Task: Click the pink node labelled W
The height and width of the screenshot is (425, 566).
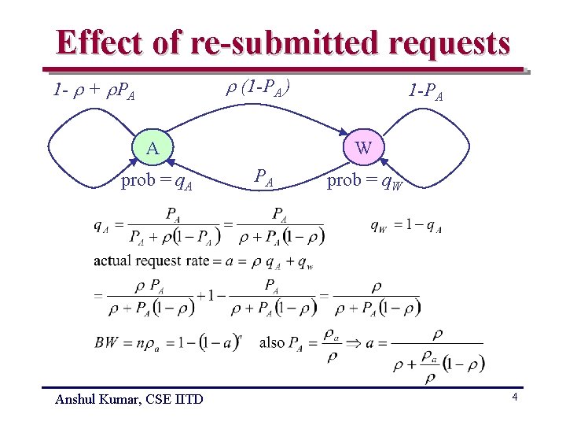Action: [x=363, y=147]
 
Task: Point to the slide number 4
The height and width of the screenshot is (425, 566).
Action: [x=514, y=397]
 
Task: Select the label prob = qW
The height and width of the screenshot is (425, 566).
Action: [x=365, y=182]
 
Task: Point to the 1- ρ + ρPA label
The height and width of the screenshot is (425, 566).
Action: [x=93, y=91]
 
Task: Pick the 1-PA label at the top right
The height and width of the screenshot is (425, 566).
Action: [x=425, y=91]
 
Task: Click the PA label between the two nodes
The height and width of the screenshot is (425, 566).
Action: [x=263, y=177]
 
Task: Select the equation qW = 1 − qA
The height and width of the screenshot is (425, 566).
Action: [x=406, y=227]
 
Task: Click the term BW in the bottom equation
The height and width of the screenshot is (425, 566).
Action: [x=105, y=342]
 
